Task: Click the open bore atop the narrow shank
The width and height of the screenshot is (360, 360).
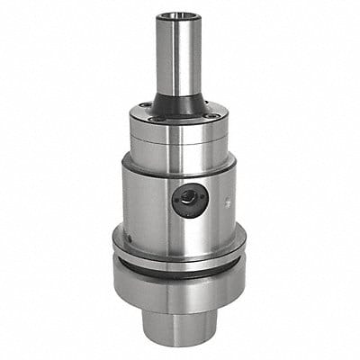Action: click(176, 15)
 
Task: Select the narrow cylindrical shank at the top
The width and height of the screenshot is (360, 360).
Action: click(176, 54)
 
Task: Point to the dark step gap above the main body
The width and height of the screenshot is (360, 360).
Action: click(179, 165)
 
